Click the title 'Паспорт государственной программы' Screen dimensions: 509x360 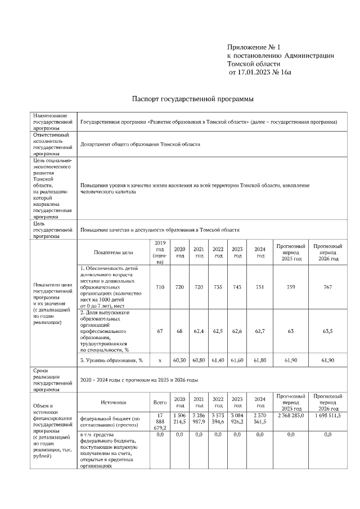coord(192,99)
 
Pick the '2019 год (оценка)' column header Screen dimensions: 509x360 coord(160,252)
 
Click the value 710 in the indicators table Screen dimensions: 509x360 coord(160,287)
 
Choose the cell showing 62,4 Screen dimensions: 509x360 coord(199,331)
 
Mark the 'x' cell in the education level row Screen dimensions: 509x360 coord(160,359)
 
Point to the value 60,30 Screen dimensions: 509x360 coord(179,359)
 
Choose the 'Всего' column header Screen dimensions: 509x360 coord(160,403)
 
